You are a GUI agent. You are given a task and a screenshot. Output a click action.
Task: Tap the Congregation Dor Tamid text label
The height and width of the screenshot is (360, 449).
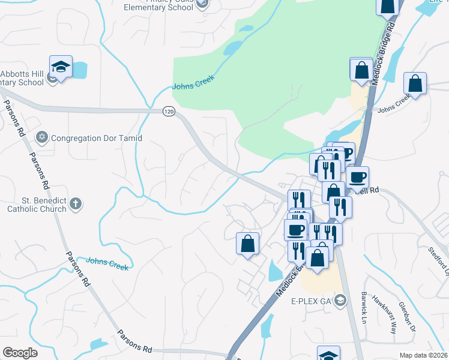(x=97, y=138)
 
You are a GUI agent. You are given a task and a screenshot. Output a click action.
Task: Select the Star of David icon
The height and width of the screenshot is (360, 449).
(x=41, y=138)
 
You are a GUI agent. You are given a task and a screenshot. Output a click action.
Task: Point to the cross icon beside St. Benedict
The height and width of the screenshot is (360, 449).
(x=76, y=204)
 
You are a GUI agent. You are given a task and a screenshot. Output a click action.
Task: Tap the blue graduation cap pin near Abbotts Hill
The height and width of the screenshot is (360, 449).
(x=61, y=67)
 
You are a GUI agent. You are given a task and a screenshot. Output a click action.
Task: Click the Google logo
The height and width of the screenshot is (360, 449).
(x=20, y=353)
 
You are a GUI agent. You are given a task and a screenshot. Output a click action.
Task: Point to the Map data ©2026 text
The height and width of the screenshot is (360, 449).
(x=423, y=355)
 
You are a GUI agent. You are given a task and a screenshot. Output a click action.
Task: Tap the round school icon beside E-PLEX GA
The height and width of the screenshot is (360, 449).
(x=340, y=300)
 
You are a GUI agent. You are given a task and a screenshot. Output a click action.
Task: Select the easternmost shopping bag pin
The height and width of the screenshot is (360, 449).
(x=415, y=84)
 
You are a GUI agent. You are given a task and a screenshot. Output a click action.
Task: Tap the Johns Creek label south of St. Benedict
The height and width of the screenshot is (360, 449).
(x=107, y=263)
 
